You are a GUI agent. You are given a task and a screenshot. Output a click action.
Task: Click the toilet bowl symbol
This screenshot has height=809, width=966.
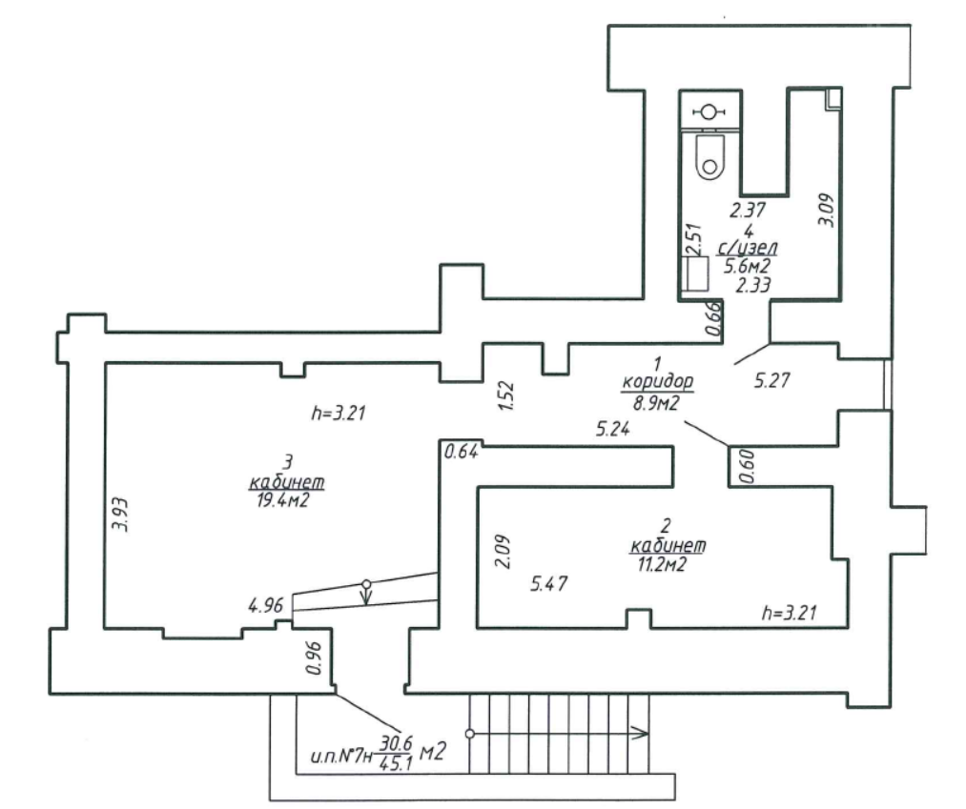[x=709, y=156]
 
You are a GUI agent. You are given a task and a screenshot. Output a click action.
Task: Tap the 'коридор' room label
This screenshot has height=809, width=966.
[x=657, y=382]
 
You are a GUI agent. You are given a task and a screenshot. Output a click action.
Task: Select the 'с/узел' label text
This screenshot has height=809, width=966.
[x=747, y=248]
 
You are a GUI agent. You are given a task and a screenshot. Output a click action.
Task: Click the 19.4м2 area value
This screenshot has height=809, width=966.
[x=283, y=500]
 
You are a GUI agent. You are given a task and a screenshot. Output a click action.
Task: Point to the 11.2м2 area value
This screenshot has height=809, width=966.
[x=661, y=564]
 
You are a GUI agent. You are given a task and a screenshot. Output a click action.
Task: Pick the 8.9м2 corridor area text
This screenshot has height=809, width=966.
[x=655, y=403]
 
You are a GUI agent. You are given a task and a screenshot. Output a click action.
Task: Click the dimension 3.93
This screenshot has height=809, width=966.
[x=120, y=515]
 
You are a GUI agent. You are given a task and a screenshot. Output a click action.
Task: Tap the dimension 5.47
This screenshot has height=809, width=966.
[x=549, y=583]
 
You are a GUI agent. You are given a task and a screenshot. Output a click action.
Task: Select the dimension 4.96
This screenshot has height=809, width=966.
[x=265, y=606]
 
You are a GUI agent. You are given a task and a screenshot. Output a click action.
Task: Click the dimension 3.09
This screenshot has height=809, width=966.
[x=826, y=210]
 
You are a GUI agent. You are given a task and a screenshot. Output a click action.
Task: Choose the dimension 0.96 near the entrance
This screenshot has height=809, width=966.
[x=314, y=657]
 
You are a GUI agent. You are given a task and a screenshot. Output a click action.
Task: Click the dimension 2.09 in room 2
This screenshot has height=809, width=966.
[x=504, y=551]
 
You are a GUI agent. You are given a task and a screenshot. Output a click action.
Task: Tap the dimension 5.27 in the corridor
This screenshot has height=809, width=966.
[x=771, y=380]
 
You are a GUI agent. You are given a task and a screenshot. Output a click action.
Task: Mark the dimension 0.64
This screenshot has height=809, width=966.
[x=461, y=452]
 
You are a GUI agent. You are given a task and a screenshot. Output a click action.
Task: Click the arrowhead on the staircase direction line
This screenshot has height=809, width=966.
[x=640, y=734]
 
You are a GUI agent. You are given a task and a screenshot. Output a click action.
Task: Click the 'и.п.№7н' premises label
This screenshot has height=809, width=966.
[x=342, y=755]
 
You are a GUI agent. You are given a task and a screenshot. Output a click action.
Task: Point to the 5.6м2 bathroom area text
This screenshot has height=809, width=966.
[x=747, y=267]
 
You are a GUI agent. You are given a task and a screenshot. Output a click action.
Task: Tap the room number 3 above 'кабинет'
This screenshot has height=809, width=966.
[x=287, y=462]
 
